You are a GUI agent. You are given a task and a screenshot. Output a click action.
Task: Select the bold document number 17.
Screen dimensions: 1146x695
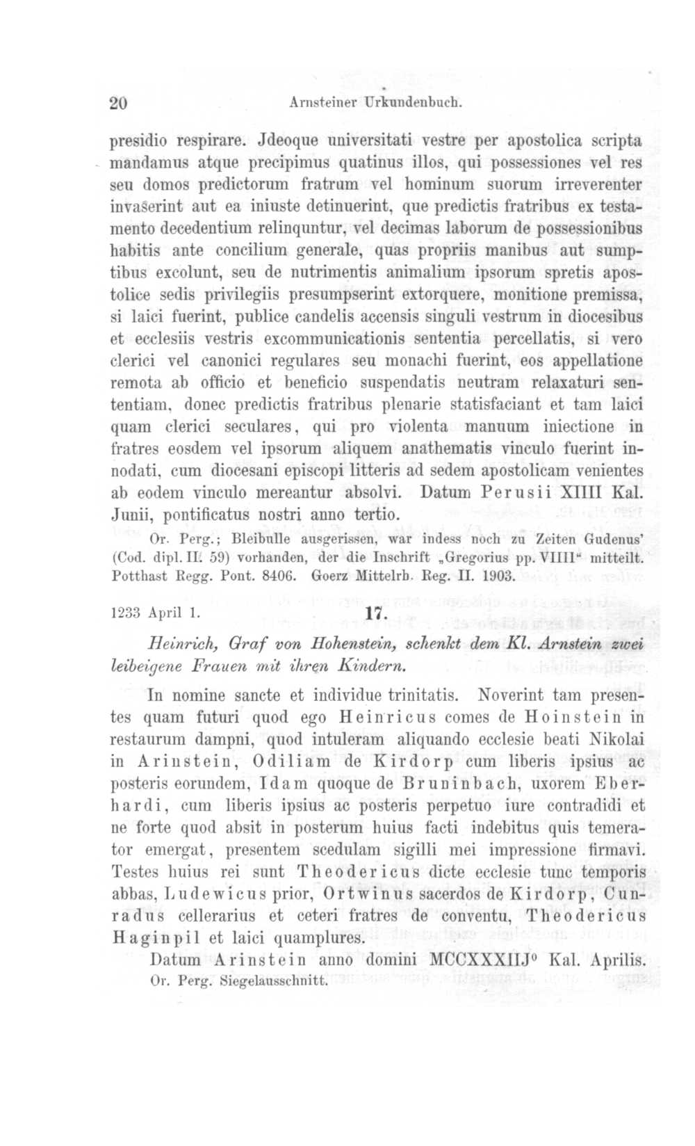[374, 613]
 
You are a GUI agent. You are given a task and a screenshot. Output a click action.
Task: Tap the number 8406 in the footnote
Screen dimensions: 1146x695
[279, 576]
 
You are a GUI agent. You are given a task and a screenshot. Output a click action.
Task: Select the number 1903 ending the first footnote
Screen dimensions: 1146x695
[496, 576]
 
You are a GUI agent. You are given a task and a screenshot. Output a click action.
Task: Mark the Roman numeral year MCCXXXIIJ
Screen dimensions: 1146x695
[480, 960]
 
